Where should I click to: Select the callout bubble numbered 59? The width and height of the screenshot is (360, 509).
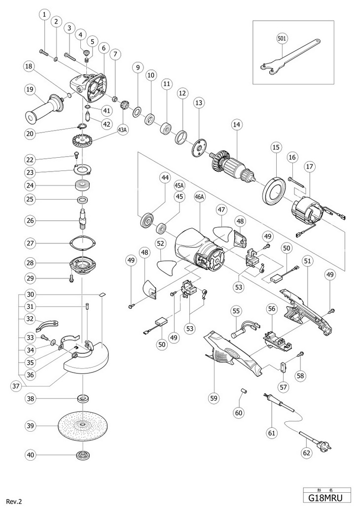214,398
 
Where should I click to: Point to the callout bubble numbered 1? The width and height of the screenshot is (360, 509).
45,15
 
